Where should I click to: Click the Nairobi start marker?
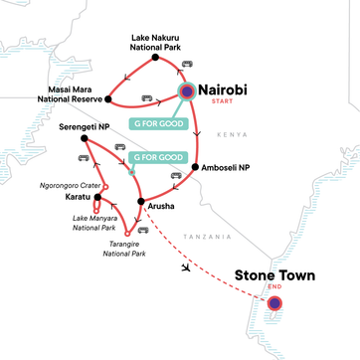188,92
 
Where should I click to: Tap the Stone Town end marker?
275,303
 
